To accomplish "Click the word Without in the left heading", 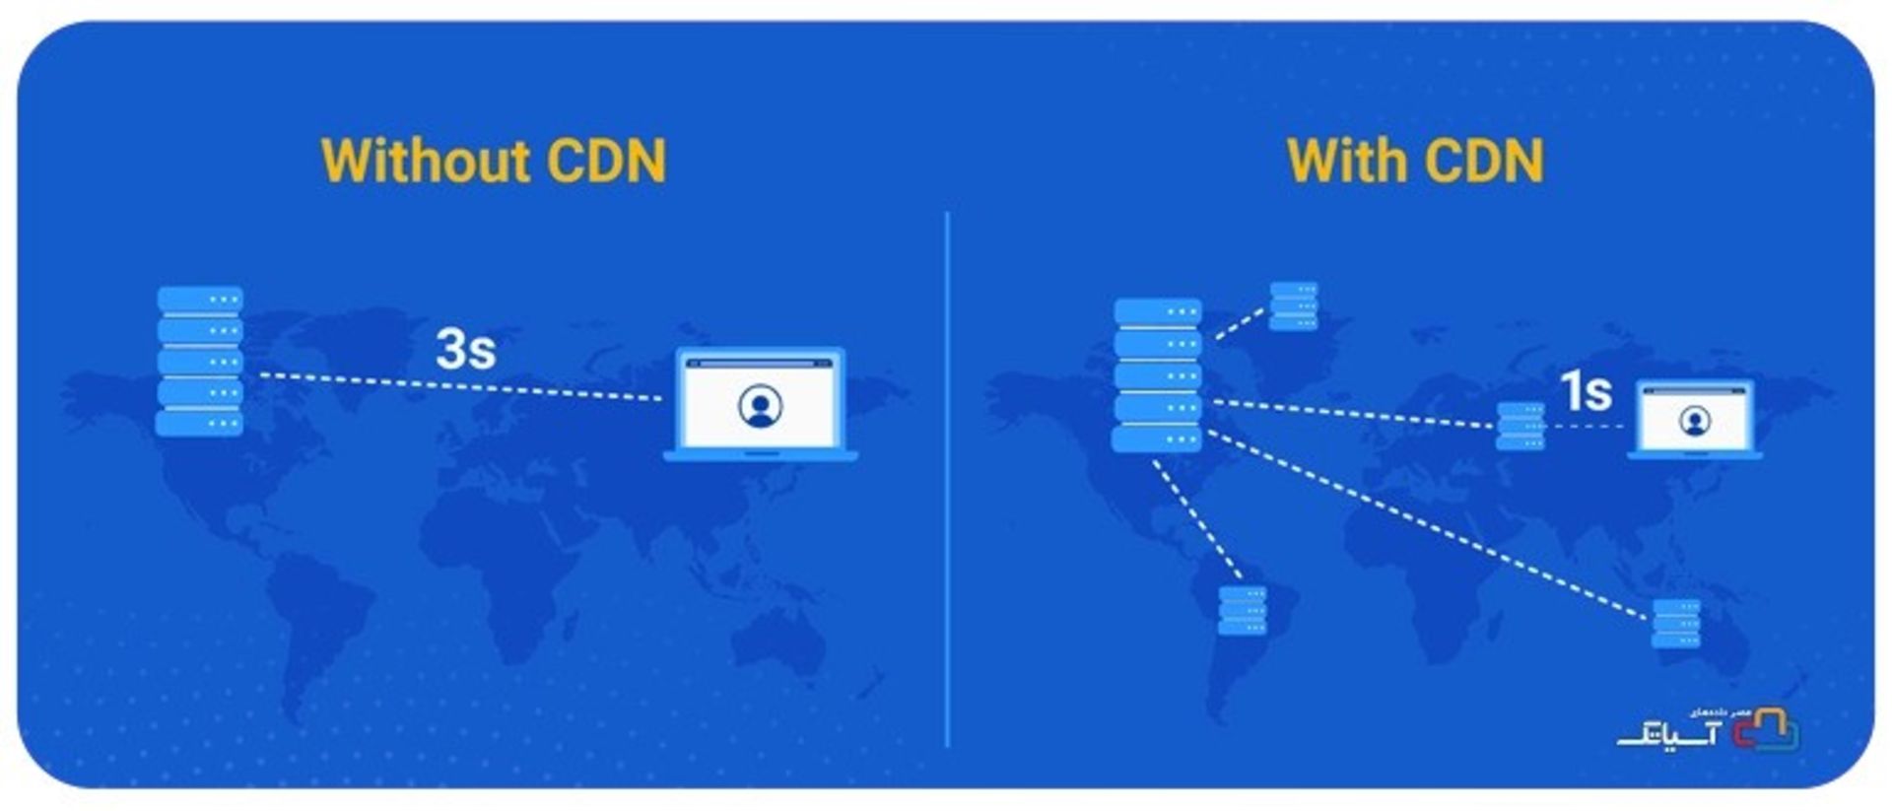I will (425, 161).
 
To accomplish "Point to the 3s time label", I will (465, 349).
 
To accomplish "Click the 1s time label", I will (1586, 391).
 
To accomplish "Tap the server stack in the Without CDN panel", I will (199, 361).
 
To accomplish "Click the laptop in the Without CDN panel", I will (760, 404).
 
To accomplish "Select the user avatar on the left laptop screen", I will (760, 406).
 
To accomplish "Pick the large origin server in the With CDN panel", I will (1157, 375).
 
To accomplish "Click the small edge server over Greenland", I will (1293, 305).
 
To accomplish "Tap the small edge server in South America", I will (1243, 610).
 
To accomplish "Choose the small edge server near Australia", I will (1675, 623).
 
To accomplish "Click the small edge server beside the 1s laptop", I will (1520, 426).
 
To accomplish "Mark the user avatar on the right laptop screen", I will (1694, 422).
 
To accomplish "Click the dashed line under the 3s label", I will (461, 387).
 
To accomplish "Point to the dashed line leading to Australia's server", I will (1429, 526).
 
